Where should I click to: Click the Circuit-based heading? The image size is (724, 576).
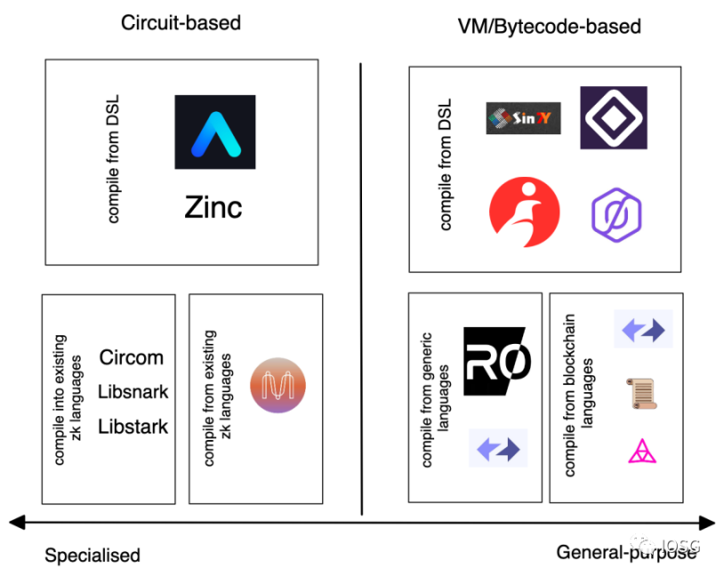tap(181, 22)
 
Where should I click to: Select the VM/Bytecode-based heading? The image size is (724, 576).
tap(549, 26)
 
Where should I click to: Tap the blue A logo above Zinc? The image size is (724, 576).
tap(214, 132)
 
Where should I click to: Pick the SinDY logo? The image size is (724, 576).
tap(523, 118)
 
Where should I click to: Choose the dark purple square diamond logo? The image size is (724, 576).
tap(613, 117)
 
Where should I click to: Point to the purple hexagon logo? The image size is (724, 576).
tap(616, 214)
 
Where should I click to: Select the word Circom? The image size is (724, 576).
tap(132, 357)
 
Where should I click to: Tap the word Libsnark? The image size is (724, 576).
tap(133, 392)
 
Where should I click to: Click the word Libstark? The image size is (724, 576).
tap(133, 427)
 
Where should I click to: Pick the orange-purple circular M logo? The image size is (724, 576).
tap(278, 386)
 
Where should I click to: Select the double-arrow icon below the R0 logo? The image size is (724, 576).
tap(498, 448)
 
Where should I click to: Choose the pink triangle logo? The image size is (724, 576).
tap(642, 452)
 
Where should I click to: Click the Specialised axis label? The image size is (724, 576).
tap(93, 556)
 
